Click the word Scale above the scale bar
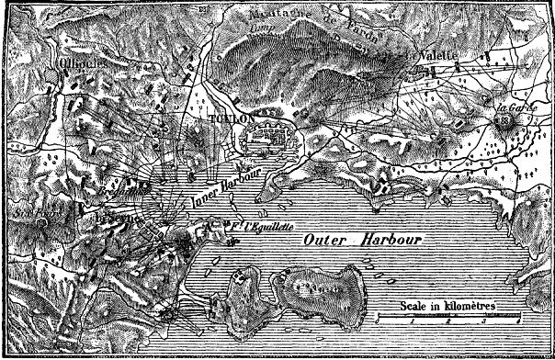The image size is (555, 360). [x=414, y=304]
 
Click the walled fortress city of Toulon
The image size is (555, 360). [x=266, y=141]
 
